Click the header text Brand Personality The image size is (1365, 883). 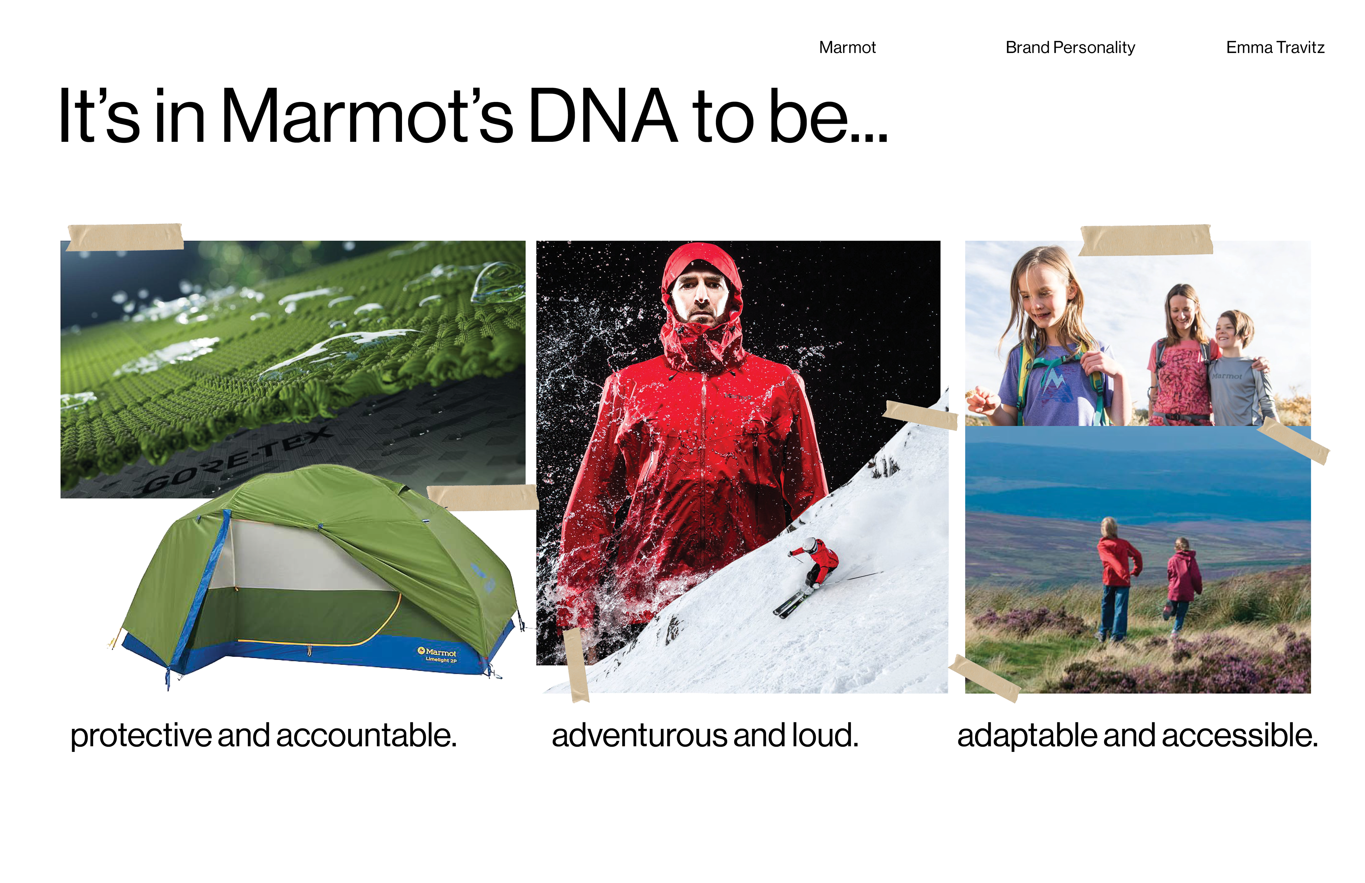[x=1070, y=48]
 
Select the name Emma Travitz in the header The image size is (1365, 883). [x=1275, y=48]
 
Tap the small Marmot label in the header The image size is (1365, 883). [x=847, y=48]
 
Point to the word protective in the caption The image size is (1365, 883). [x=140, y=736]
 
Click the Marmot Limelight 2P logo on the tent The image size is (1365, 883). [x=438, y=655]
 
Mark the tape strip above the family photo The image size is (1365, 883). [x=1146, y=239]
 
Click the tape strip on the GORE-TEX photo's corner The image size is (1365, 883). [x=125, y=237]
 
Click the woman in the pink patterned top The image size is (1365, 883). [x=1182, y=355]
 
